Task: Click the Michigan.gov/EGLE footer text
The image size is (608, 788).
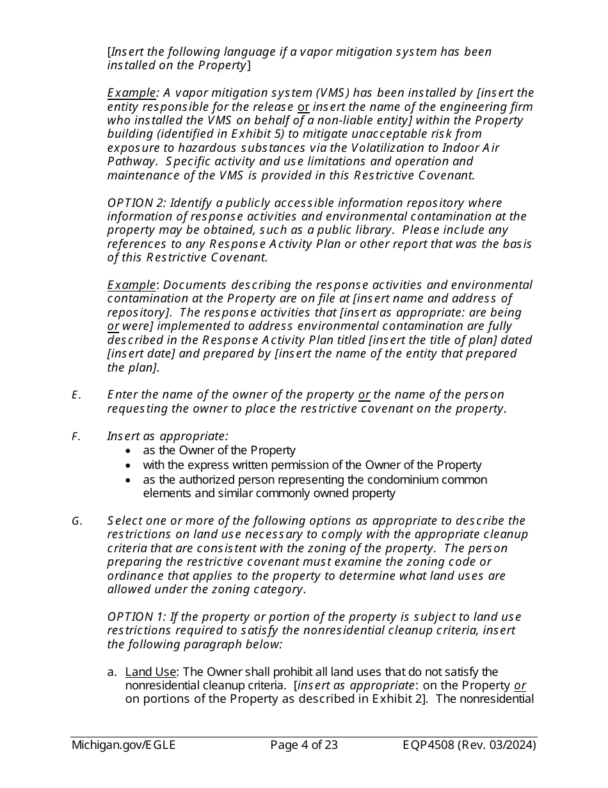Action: coord(124,744)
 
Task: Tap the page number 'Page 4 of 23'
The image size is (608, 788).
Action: coord(303,744)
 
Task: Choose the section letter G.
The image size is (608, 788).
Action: coord(77,521)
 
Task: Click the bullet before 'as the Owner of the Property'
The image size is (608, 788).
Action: coord(129,451)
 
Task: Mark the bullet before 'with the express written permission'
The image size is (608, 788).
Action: coord(129,466)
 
